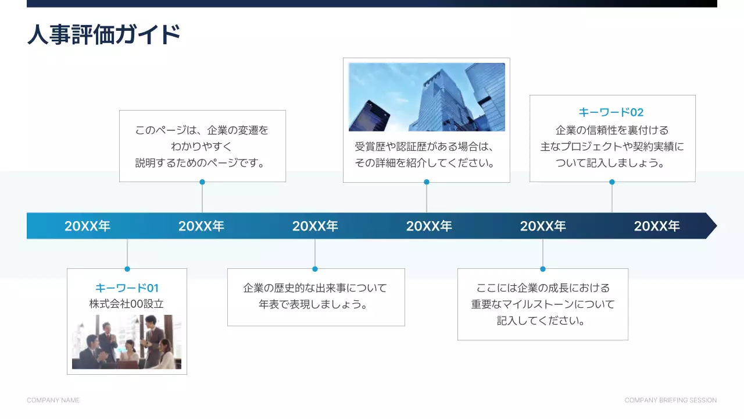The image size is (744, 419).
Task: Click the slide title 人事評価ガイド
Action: pos(103,34)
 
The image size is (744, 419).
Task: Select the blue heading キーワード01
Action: pos(127,288)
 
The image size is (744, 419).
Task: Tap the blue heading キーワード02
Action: pos(611,112)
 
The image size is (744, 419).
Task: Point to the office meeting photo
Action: pos(127,342)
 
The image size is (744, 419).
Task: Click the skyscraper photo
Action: pos(427,97)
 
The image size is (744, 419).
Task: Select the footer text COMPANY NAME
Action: pos(53,400)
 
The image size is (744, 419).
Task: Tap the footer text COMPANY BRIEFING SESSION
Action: pos(670,400)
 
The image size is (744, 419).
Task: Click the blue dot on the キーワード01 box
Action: pos(127,269)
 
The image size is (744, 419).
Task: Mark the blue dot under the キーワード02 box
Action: pos(612,182)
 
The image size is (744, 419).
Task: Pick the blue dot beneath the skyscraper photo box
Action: pos(427,182)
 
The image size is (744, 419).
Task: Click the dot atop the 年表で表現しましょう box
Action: pos(315,269)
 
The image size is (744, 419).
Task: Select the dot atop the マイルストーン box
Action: pos(543,269)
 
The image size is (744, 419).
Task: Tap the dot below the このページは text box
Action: pos(202,182)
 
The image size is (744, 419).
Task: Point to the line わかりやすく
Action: pos(202,146)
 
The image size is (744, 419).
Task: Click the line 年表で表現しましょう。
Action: pos(316,304)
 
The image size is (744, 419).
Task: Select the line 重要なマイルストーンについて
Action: pos(543,304)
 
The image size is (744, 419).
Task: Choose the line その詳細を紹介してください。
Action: pos(427,164)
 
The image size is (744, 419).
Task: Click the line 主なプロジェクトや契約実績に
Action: pos(612,147)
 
